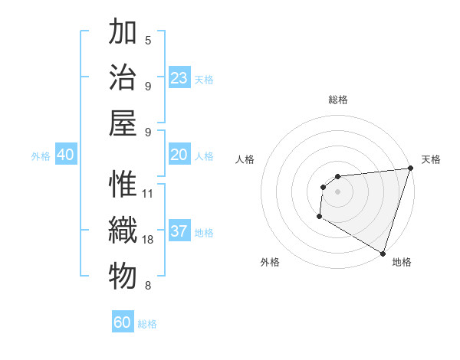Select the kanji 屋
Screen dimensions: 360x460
coord(123,123)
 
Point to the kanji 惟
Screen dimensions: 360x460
coord(123,185)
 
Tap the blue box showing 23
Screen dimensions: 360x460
coord(179,78)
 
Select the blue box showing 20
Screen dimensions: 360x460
coord(179,155)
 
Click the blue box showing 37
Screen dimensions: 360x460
coord(179,231)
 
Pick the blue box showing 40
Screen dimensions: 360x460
coord(65,155)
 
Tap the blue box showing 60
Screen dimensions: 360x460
coord(123,322)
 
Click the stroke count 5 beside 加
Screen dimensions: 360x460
coord(148,40)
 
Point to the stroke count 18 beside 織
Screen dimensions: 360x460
coord(148,240)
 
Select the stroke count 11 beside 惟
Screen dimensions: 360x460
coord(148,193)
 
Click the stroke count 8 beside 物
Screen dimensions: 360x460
coord(148,286)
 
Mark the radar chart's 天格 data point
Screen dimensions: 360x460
coord(410,169)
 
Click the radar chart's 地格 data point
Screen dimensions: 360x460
coord(383,254)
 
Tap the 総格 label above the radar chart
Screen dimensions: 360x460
coord(338,100)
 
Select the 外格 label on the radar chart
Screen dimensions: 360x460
coord(270,263)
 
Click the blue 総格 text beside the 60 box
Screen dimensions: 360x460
coord(147,324)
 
